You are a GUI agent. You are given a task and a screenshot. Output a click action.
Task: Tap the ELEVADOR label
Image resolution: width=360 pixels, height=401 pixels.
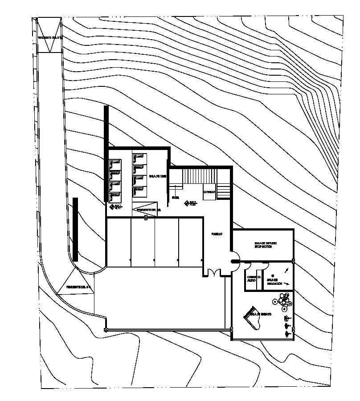209,192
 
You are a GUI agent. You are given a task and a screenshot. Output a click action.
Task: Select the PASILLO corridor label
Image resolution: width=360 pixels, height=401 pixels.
217,234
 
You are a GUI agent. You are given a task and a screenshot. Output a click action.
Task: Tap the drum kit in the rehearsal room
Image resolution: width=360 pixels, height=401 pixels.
283,300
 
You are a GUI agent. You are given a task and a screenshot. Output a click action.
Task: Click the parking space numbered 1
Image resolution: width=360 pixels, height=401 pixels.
130,259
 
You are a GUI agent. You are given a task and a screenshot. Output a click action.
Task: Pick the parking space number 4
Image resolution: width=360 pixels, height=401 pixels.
201,259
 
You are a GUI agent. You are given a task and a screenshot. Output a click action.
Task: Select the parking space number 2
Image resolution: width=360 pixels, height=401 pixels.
154,259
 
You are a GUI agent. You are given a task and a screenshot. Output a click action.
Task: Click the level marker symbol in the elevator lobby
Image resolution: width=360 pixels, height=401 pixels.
187,203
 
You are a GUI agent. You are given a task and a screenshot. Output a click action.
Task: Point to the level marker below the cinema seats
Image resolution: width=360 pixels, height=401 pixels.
112,207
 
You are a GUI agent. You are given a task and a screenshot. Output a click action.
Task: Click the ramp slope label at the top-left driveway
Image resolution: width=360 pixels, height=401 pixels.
49,38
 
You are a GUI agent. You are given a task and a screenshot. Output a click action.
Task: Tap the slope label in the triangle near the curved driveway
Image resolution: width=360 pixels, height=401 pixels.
78,287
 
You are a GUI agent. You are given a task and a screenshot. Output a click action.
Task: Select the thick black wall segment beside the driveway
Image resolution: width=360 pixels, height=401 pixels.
75,229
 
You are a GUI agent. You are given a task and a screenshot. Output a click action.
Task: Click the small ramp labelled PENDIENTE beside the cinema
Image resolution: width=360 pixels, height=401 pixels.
146,211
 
